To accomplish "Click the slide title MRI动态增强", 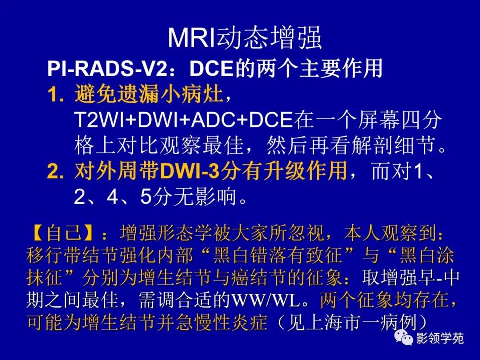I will coord(245,38).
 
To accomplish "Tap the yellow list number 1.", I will coord(56,95).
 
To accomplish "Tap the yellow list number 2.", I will coord(56,171).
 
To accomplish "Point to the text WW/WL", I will coord(266,301).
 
